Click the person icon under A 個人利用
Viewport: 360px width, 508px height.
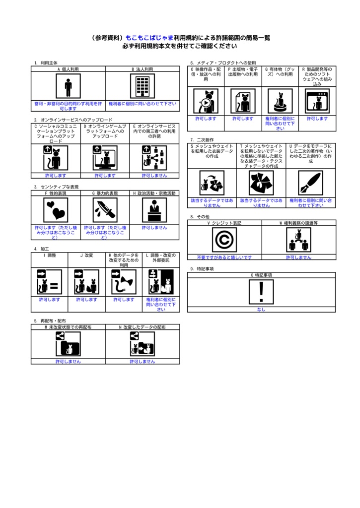68,87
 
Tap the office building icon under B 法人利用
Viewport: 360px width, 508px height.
143,87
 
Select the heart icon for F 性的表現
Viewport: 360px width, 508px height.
55,210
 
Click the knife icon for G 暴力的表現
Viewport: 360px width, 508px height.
105,210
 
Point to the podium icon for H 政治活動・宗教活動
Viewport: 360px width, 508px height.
154,210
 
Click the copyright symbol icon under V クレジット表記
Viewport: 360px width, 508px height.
224,240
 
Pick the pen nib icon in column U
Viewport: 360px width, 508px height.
310,183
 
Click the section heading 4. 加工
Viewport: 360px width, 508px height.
42,249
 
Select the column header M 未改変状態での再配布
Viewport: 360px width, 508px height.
68,327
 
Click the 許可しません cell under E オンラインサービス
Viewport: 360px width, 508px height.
154,175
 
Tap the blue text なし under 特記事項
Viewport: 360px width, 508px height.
261,309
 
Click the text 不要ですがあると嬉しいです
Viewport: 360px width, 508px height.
224,257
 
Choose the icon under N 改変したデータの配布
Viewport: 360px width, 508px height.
143,344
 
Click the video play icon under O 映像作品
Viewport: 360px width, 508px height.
206,101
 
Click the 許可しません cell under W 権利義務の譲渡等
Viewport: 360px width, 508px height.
298,257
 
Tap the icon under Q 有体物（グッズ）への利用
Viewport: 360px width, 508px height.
280,101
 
